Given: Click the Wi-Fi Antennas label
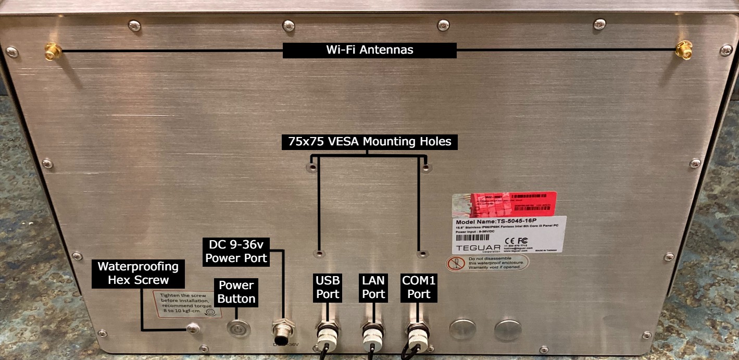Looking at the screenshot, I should click(x=370, y=50).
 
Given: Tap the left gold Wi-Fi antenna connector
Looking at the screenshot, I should click(x=52, y=51).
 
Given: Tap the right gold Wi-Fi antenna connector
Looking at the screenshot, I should click(x=683, y=51).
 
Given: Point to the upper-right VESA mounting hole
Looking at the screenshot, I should click(x=426, y=168).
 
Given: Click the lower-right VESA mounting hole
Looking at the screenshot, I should click(x=422, y=254).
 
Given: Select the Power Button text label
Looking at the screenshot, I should click(x=236, y=292).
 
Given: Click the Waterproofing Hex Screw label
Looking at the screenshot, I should click(x=138, y=273).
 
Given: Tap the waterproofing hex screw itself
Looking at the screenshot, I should click(x=194, y=328).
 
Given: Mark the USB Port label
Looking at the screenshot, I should click(x=327, y=287).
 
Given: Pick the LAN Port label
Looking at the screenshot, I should click(x=373, y=287).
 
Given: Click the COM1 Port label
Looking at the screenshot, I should click(x=419, y=287).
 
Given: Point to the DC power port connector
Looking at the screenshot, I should click(x=283, y=330).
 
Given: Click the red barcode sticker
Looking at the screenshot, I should click(x=504, y=204).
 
